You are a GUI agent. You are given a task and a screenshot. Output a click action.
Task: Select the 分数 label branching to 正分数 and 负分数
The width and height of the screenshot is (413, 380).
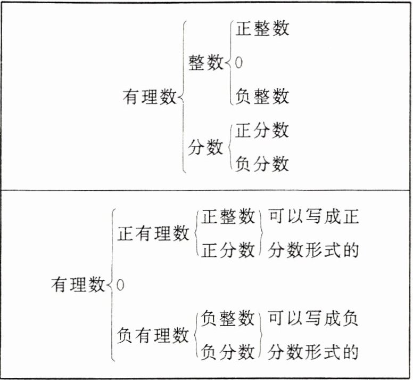point(206,147)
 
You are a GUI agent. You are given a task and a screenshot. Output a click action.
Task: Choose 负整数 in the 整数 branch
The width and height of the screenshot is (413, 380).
point(262,96)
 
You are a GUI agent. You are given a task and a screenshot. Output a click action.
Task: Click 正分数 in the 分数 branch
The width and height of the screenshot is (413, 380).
point(262,130)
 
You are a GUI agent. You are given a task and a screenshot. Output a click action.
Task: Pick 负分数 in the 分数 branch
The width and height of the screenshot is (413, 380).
point(262,163)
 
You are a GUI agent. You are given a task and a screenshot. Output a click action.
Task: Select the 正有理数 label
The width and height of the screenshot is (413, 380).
point(154,234)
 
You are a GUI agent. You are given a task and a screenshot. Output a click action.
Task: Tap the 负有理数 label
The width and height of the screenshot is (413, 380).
point(154,335)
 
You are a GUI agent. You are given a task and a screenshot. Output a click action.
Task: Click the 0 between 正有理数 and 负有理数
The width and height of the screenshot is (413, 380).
point(120,285)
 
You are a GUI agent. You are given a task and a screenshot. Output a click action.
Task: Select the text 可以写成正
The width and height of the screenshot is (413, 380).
point(313,217)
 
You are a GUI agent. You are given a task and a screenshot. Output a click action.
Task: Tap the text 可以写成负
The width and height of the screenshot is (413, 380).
point(313,319)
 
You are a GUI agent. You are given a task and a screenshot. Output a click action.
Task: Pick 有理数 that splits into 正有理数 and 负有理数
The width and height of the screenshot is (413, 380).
point(78,285)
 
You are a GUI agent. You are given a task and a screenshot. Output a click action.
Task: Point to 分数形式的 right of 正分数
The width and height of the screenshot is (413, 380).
point(313,249)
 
